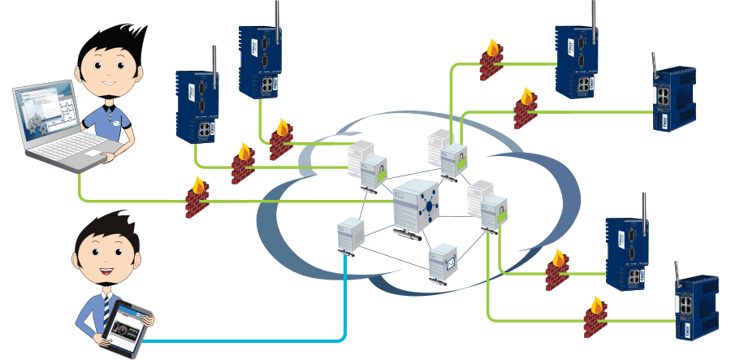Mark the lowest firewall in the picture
[595, 318]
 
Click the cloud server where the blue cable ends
[348, 236]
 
